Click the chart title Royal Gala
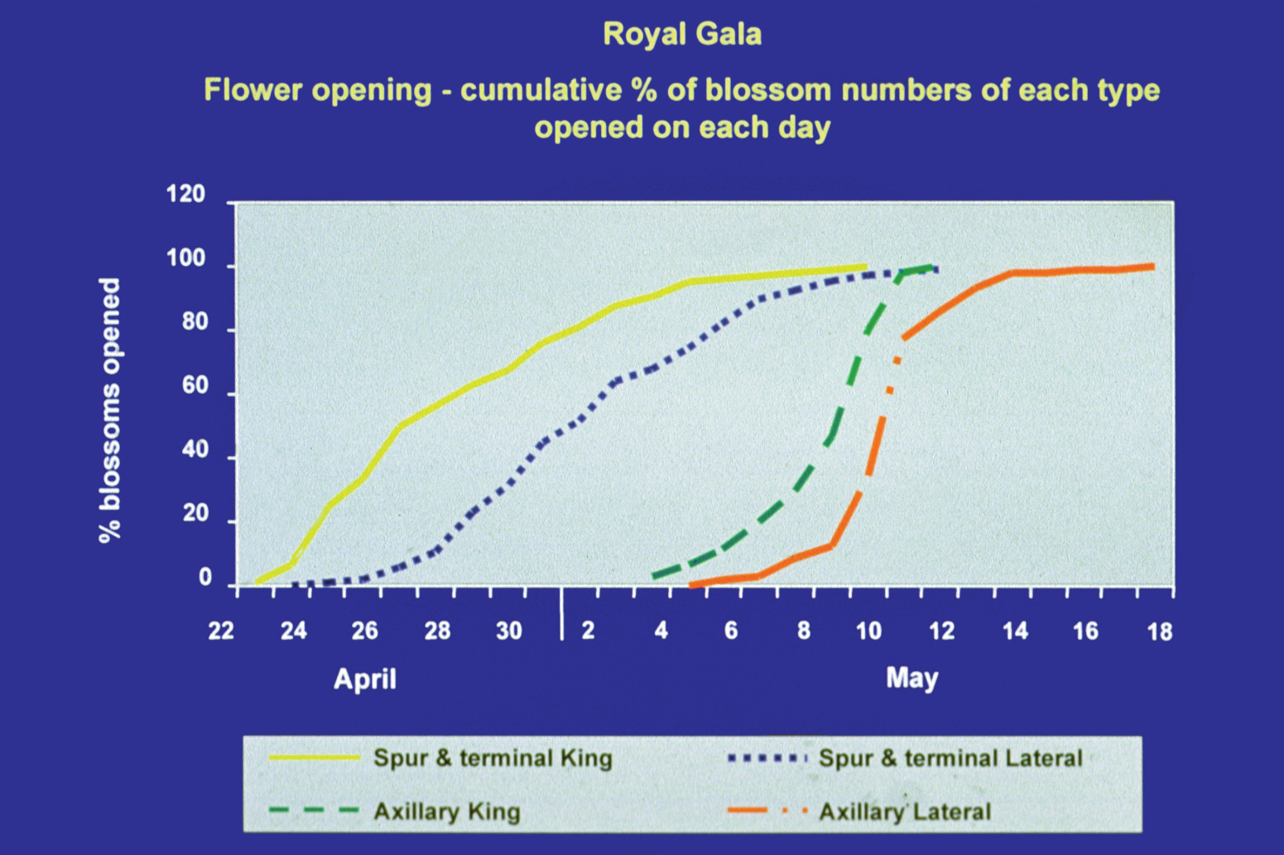tap(682, 35)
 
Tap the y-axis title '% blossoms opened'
tap(109, 411)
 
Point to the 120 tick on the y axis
tap(185, 195)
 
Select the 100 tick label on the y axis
tap(185, 259)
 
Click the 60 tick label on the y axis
tap(194, 387)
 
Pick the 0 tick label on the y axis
tap(205, 579)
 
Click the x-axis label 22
tap(221, 631)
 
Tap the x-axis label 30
tap(509, 631)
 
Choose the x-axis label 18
tap(1159, 632)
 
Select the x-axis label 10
tap(869, 631)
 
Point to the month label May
tap(912, 680)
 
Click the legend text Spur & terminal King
tap(493, 758)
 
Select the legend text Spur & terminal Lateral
tap(950, 758)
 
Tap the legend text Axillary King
tap(447, 812)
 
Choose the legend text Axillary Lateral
tap(905, 811)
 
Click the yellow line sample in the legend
tap(314, 757)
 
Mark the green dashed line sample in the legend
tap(314, 811)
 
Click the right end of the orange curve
tap(1152, 267)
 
